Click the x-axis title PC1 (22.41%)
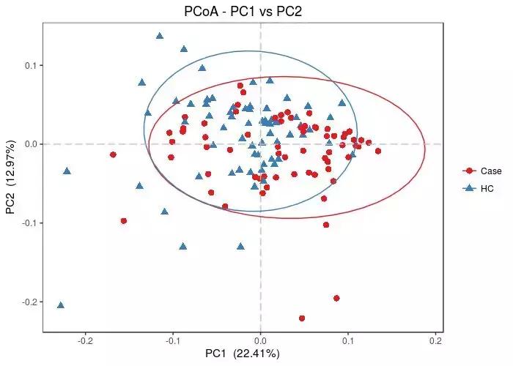pyautogui.click(x=242, y=354)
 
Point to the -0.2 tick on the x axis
pyautogui.click(x=86, y=340)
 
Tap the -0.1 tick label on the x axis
pyautogui.click(x=173, y=340)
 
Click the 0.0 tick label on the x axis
pyautogui.click(x=260, y=340)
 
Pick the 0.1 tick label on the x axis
pyautogui.click(x=348, y=340)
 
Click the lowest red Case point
pyautogui.click(x=302, y=318)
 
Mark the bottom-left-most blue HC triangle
pyautogui.click(x=61, y=305)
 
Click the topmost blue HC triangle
pyautogui.click(x=160, y=35)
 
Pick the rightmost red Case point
pyautogui.click(x=378, y=152)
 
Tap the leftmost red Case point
pyautogui.click(x=113, y=154)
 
